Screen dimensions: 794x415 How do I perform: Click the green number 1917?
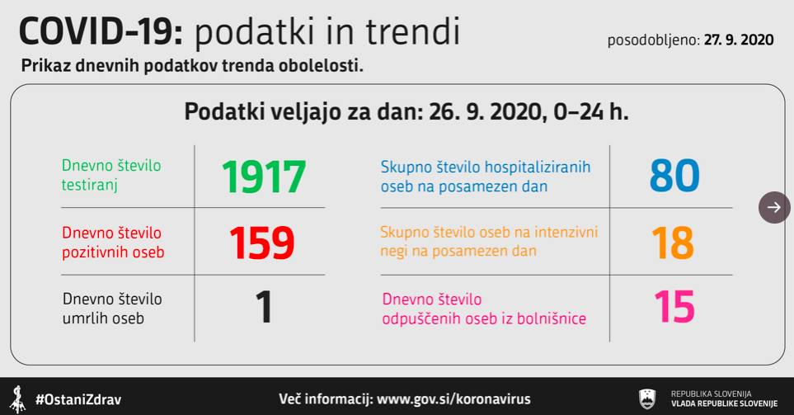click(264, 177)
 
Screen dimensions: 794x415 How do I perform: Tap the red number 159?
click(262, 243)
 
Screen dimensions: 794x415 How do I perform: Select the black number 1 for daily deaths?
click(264, 307)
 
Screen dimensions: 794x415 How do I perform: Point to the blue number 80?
click(674, 176)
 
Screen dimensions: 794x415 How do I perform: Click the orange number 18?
click(673, 243)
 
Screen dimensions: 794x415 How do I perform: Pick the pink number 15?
click(674, 307)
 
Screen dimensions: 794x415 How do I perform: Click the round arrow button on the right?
click(774, 207)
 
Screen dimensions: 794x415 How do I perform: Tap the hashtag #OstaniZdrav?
click(78, 400)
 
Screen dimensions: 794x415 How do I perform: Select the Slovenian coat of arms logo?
click(647, 398)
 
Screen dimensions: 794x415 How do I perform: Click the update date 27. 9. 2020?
click(739, 40)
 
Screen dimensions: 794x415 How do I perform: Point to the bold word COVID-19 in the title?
click(101, 31)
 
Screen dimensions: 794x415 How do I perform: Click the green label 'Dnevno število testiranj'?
click(111, 175)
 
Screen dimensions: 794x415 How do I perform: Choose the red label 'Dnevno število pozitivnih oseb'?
click(113, 243)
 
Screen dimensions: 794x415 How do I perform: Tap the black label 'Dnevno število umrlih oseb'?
click(112, 309)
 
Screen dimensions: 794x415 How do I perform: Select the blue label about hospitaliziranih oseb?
click(486, 177)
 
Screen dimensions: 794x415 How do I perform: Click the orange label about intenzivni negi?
click(489, 241)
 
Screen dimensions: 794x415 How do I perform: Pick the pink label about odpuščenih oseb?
click(484, 309)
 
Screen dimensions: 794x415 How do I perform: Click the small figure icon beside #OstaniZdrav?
click(19, 399)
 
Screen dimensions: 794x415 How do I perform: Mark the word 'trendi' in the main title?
click(413, 31)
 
